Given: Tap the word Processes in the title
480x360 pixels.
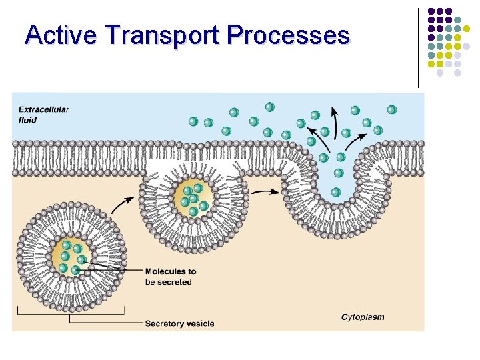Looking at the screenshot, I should pyautogui.click(x=288, y=34).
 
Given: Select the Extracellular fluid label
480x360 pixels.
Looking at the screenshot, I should pyautogui.click(x=43, y=114).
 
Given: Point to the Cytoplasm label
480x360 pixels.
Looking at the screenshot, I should pyautogui.click(x=363, y=317).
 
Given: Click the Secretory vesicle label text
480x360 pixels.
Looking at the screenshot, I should pyautogui.click(x=179, y=323).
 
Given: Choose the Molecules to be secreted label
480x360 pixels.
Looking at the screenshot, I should pyautogui.click(x=171, y=277).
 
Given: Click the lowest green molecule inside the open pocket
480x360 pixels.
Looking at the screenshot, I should pyautogui.click(x=336, y=192).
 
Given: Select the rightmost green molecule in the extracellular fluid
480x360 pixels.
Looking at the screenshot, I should pyautogui.click(x=392, y=109).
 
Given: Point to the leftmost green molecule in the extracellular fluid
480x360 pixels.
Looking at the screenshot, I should pyautogui.click(x=193, y=121).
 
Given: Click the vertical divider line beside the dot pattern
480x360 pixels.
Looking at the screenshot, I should pyautogui.click(x=418, y=47).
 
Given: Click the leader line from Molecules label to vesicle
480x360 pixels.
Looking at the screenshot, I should pyautogui.click(x=113, y=269).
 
